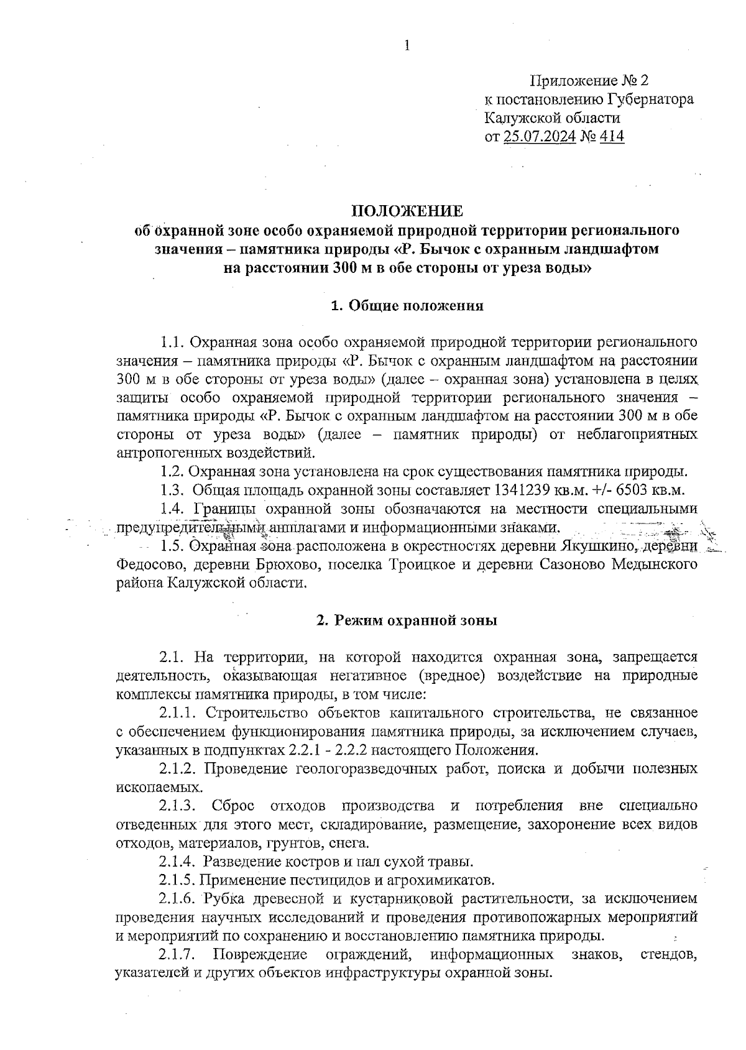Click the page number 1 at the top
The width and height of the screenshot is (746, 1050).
[407, 45]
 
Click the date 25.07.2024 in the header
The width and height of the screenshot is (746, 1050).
[539, 136]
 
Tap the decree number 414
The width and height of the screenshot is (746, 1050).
[612, 136]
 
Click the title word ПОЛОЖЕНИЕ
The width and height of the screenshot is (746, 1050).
[407, 211]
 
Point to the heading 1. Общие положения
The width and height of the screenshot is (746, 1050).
[407, 306]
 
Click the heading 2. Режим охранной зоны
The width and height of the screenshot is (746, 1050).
[407, 620]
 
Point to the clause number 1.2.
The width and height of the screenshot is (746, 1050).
[172, 471]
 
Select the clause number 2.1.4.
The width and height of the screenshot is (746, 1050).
[178, 862]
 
